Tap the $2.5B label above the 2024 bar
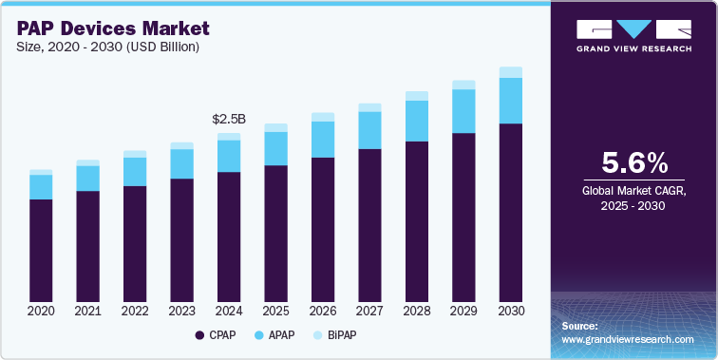229,120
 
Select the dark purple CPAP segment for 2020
41,249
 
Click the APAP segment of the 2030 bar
511,101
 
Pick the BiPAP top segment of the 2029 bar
463,85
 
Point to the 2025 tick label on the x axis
275,311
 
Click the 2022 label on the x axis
135,311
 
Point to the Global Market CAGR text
633,192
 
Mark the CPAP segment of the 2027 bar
369,224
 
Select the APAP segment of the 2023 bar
181,163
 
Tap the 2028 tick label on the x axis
417,311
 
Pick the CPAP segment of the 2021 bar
87,245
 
